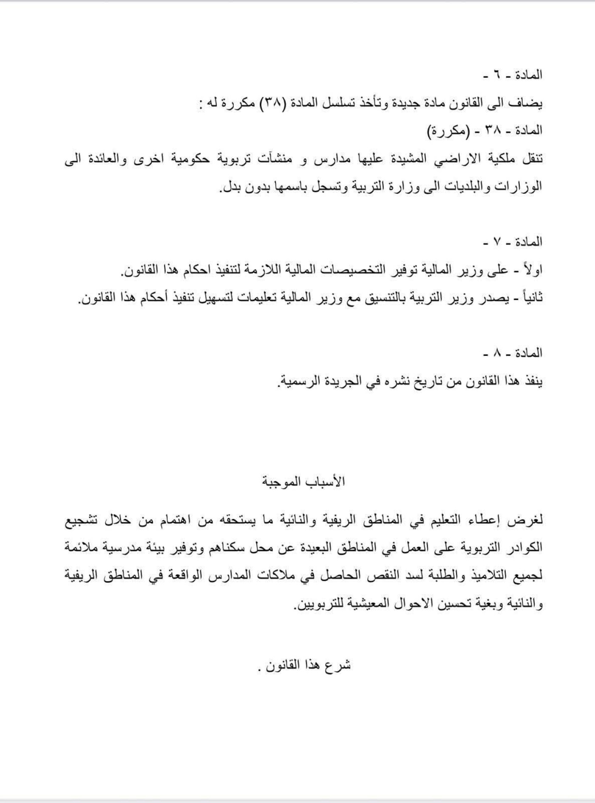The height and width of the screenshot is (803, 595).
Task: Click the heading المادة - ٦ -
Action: (513, 75)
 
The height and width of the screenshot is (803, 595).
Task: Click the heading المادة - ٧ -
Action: (513, 242)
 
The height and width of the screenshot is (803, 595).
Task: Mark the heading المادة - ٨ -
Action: (513, 353)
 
